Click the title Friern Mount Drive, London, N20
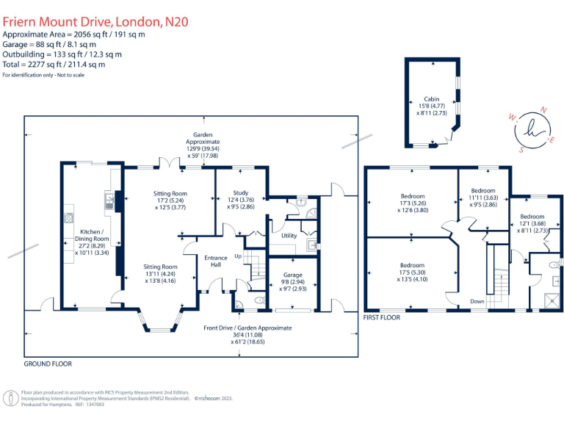(x=95, y=21)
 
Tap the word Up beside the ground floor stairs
(x=237, y=256)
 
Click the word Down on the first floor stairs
(x=477, y=301)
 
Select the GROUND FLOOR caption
(x=48, y=364)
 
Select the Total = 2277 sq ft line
(x=54, y=65)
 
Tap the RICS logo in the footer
(x=11, y=397)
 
